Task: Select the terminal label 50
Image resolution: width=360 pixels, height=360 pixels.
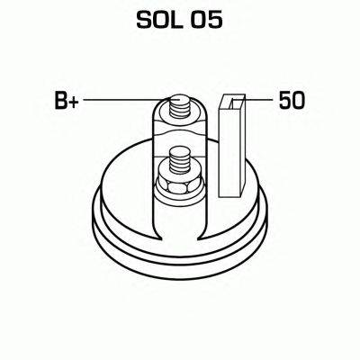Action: pos(291,101)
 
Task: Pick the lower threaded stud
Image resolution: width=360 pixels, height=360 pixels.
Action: pos(175,166)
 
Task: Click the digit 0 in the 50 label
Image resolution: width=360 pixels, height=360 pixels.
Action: pos(297,101)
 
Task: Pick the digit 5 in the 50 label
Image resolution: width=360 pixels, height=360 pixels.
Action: pos(284,101)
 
